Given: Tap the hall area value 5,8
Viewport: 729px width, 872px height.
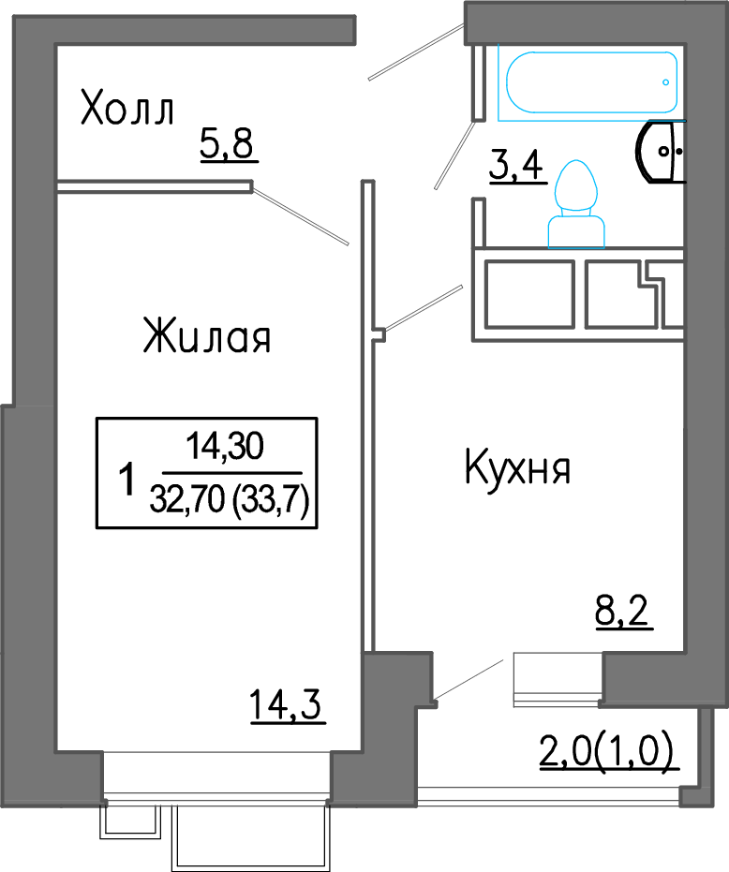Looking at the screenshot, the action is [x=227, y=143].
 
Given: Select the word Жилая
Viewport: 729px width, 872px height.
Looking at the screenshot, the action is [x=207, y=335].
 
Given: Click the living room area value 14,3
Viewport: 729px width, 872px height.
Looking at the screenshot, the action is [x=286, y=704].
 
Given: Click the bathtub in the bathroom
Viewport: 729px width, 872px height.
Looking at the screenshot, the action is [x=591, y=82].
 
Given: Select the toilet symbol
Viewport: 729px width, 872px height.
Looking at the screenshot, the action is [x=576, y=204].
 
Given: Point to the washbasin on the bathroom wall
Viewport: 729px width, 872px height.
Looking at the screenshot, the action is [x=660, y=152].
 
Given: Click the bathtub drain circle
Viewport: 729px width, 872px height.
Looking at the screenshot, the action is [x=665, y=82].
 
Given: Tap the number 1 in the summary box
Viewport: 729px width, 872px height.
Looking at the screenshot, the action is [x=127, y=480].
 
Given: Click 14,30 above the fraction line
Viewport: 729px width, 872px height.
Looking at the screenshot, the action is [x=225, y=447].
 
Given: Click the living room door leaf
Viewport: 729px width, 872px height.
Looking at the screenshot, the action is [x=301, y=216].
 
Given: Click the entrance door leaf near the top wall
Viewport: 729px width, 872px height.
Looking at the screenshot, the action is [x=416, y=52].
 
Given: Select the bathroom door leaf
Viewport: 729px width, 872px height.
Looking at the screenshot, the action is [x=454, y=155].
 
